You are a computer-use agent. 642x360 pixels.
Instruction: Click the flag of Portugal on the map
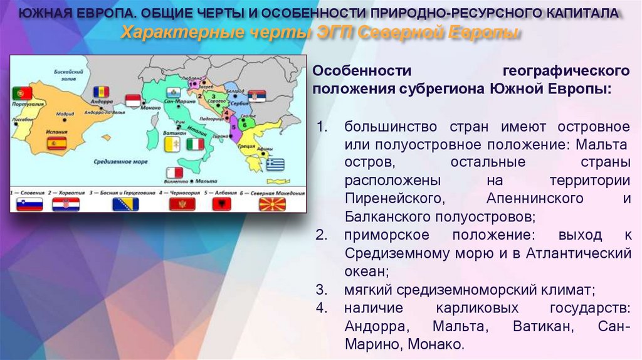(x=22, y=93)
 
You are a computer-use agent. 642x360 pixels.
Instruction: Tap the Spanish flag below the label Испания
(x=56, y=144)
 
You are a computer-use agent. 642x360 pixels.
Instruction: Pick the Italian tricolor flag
(x=195, y=144)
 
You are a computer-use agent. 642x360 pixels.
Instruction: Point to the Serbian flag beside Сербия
(x=257, y=96)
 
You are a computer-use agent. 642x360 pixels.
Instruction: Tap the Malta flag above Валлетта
(x=174, y=172)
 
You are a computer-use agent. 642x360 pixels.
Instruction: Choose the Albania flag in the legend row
(x=222, y=204)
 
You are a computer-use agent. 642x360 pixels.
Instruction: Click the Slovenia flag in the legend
(x=29, y=204)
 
